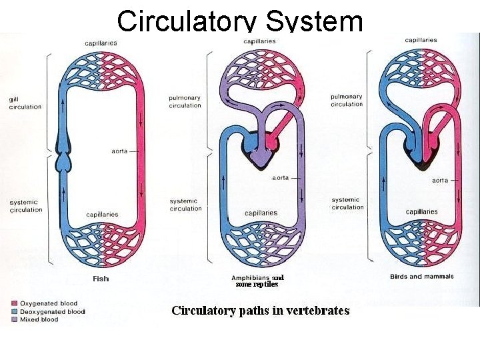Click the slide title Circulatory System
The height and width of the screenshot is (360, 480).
pos(240,20)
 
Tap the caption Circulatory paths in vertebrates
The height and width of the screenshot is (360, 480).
pos(260,311)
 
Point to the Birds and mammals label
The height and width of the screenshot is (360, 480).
pos(421,276)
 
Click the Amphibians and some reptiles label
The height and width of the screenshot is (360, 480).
pos(257,281)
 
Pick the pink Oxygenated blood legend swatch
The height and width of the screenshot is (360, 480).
pos(15,304)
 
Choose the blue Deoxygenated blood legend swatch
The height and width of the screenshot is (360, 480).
pos(15,311)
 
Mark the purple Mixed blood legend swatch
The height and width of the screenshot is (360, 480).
pos(15,319)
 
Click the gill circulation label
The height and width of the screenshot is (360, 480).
pos(25,103)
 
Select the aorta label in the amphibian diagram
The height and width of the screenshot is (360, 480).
pos(281,178)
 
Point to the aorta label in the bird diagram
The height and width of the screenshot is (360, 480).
pos(440,180)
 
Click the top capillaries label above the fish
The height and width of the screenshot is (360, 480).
pos(101,43)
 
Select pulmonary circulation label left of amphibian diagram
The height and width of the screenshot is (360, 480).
pos(185,101)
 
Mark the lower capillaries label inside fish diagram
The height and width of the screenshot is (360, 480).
pos(102,215)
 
